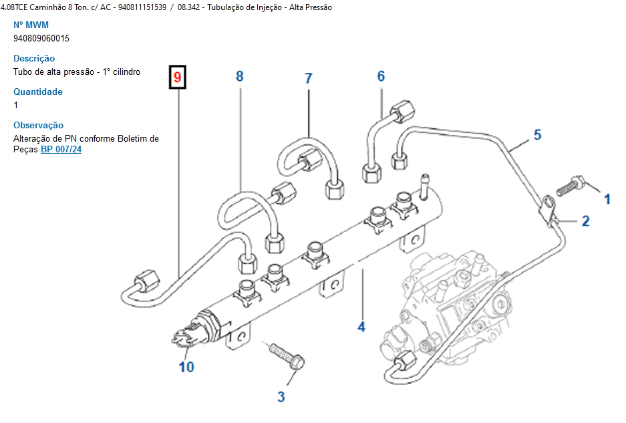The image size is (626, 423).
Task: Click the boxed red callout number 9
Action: pos(177,78)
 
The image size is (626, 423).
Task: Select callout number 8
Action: pos(240,76)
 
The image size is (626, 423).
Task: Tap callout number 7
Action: pos(309,78)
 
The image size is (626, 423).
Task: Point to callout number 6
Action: pos(381,76)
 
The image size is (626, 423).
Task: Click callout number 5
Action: pos(538,135)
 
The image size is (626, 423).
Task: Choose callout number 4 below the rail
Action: pos(361,327)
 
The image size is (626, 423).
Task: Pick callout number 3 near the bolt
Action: pos(281,397)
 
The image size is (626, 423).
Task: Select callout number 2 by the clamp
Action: pos(586,221)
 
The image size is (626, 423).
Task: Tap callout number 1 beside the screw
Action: pos(607,198)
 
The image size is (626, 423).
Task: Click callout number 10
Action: pos(186,366)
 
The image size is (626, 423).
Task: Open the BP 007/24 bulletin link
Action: pos(61,150)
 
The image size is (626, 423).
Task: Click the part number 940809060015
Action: pos(41,38)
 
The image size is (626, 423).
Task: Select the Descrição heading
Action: pos(34,58)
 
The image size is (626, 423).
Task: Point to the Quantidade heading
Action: pos(38,92)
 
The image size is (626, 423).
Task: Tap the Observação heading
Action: pos(39,125)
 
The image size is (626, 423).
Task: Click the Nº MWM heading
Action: pos(32,25)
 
